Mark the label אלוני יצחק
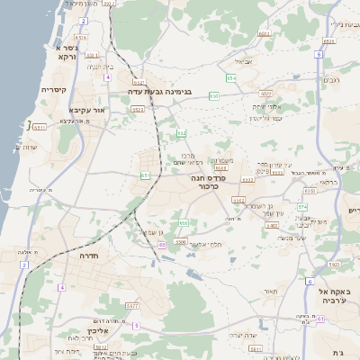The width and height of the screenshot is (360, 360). point(271,106)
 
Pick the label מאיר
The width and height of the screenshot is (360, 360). point(268,292)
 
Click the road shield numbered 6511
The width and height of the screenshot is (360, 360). point(39,127)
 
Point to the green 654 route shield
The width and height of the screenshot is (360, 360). point(230,78)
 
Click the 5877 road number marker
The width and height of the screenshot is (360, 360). point(132,307)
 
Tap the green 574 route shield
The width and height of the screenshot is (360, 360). point(302,206)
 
